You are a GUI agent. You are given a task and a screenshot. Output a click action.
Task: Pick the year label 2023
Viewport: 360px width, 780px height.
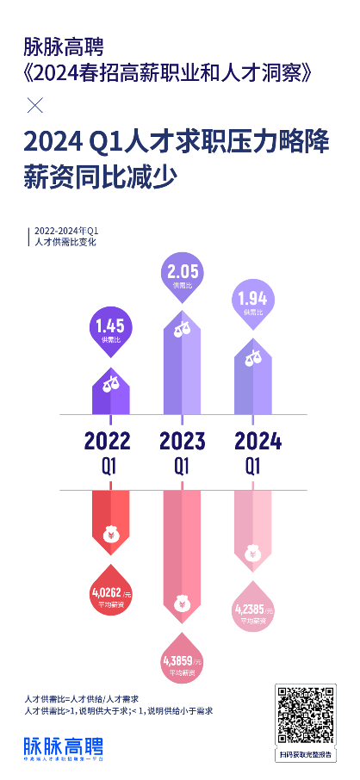click(182, 441)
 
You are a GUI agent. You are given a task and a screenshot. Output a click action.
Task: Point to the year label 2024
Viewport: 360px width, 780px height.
click(258, 441)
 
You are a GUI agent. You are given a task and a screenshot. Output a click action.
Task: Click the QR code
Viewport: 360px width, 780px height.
click(307, 714)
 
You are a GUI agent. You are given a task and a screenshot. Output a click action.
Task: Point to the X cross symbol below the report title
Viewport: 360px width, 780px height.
click(35, 107)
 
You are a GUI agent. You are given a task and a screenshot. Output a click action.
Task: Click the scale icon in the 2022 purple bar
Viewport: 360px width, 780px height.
click(111, 381)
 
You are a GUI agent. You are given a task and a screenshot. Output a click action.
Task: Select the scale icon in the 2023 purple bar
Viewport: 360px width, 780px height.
click(182, 328)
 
